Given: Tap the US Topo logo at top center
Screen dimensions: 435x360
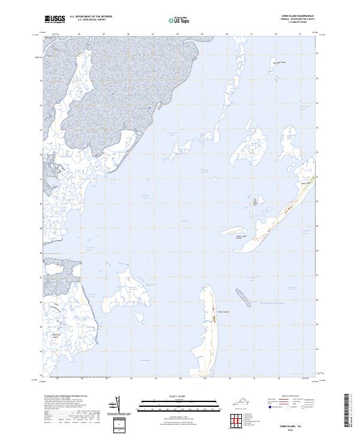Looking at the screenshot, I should [x=179, y=20].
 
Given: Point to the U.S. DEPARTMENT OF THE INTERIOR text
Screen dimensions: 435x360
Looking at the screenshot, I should [x=91, y=16].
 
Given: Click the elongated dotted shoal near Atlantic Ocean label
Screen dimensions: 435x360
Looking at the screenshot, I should [x=243, y=297].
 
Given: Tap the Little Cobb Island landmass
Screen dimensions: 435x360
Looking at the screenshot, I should [x=236, y=230].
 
